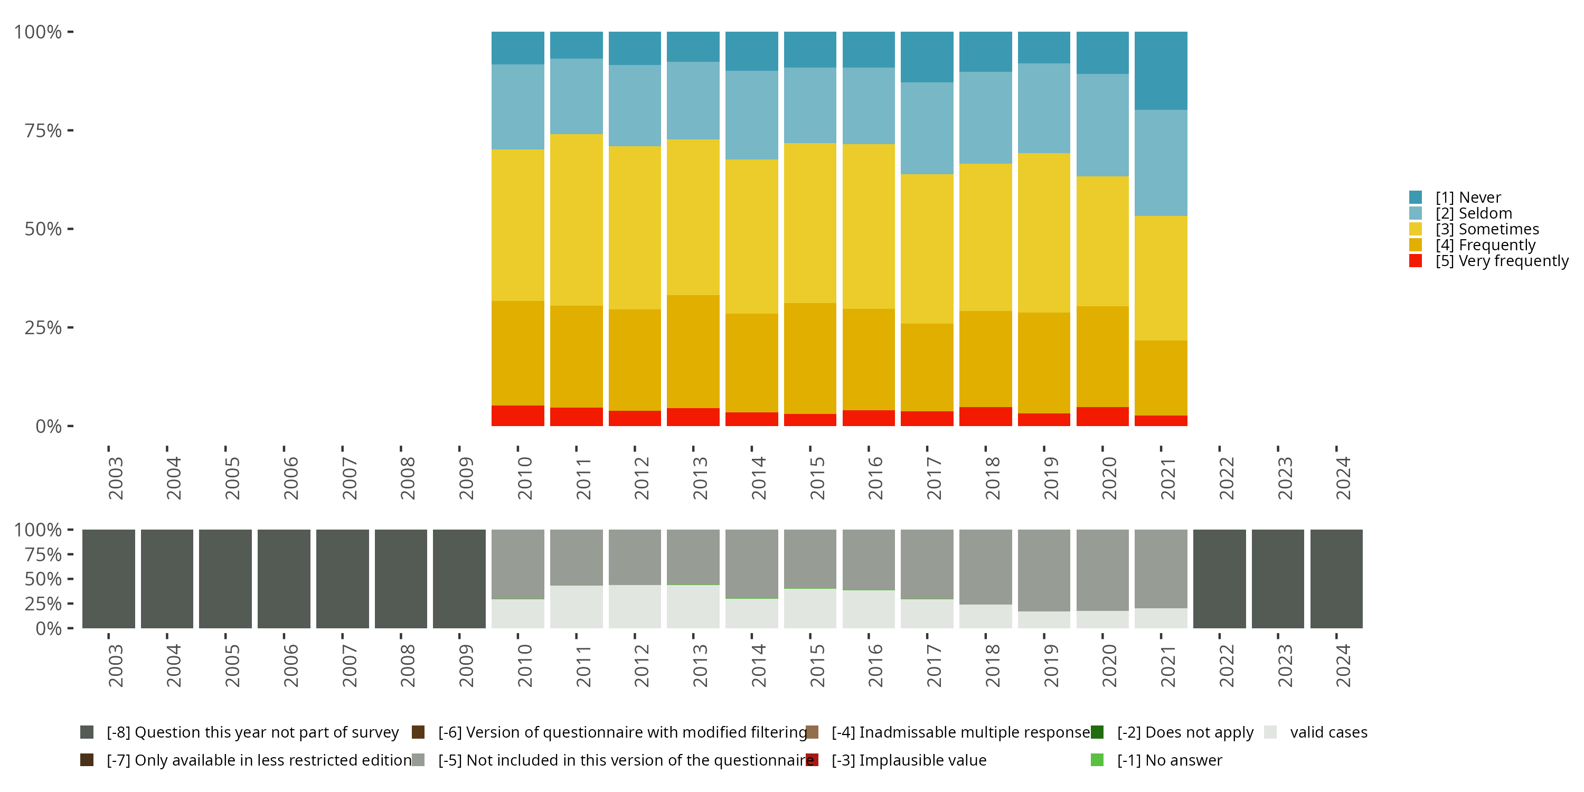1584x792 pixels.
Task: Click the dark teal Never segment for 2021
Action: pyautogui.click(x=1161, y=71)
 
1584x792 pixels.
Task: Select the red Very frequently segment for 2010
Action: pyautogui.click(x=518, y=416)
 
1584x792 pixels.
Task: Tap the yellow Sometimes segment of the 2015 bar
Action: pyautogui.click(x=810, y=223)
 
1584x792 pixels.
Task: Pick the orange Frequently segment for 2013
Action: pyautogui.click(x=693, y=352)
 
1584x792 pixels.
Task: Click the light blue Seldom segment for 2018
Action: pyautogui.click(x=985, y=117)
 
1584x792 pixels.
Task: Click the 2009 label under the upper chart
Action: pyautogui.click(x=466, y=478)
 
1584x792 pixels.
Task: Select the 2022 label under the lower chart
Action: pyautogui.click(x=1226, y=665)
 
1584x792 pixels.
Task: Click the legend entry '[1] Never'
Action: pyautogui.click(x=1467, y=197)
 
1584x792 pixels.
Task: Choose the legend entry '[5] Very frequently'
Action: pyautogui.click(x=1501, y=261)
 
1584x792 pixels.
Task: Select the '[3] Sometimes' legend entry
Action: pyautogui.click(x=1486, y=229)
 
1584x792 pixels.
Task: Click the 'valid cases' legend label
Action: pyautogui.click(x=1328, y=732)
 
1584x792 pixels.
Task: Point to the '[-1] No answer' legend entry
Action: pyautogui.click(x=1169, y=760)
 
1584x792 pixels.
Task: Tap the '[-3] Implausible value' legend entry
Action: pyautogui.click(x=908, y=760)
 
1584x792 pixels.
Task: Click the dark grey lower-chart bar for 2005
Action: pyautogui.click(x=225, y=579)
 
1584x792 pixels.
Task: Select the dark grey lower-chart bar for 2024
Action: pyautogui.click(x=1336, y=579)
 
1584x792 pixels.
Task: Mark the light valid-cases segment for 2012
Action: pyautogui.click(x=635, y=606)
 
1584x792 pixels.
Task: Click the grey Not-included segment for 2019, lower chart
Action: pyautogui.click(x=1043, y=570)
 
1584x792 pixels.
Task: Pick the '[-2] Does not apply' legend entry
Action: pyautogui.click(x=1184, y=732)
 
